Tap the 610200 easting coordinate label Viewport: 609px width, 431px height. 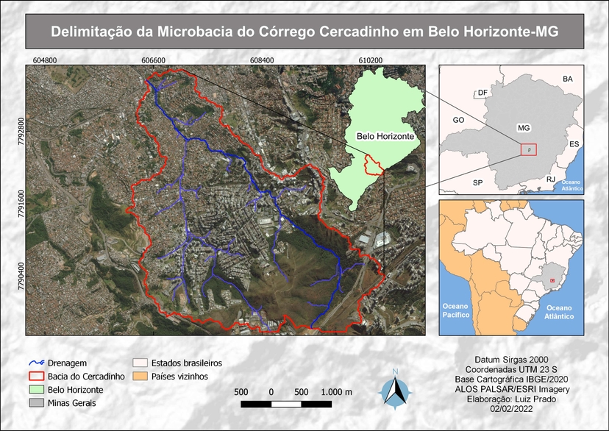click(371, 60)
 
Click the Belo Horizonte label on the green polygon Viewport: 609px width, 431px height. click(384, 137)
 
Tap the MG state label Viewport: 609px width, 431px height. click(524, 127)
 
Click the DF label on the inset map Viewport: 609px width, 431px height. click(482, 93)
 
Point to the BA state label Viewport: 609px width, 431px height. click(567, 79)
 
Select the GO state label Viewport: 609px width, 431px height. click(458, 119)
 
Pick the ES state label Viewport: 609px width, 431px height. click(574, 144)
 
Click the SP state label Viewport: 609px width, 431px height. click(477, 182)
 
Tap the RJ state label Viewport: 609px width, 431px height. click(550, 179)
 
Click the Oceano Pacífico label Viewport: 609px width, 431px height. click(455, 310)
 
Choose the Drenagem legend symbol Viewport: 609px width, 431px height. click(36, 363)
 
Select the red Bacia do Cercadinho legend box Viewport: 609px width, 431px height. click(36, 377)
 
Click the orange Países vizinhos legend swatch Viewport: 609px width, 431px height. click(138, 377)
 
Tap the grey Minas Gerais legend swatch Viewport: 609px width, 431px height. click(36, 403)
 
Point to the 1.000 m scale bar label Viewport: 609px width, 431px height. click(337, 391)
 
